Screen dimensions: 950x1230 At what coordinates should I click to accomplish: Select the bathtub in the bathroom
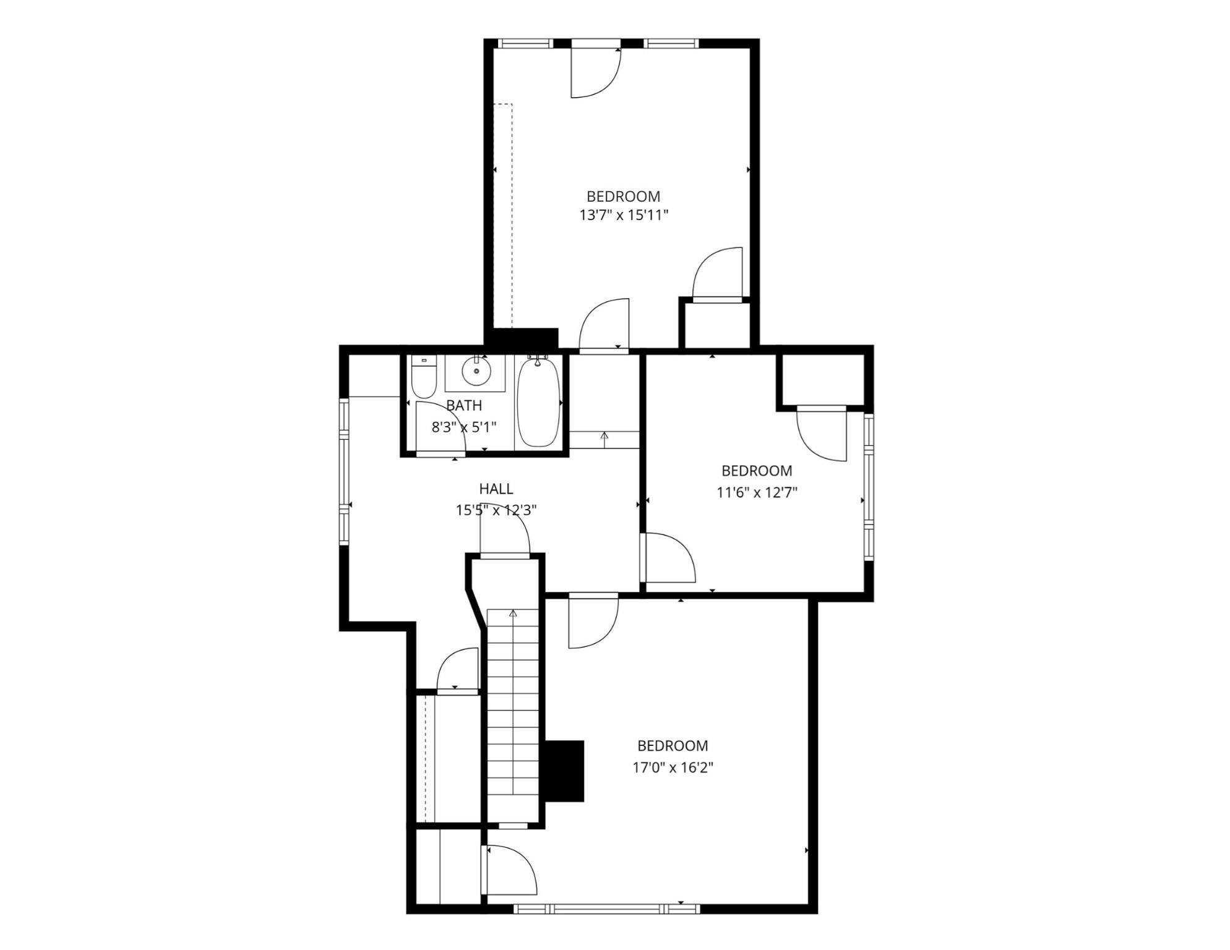click(538, 402)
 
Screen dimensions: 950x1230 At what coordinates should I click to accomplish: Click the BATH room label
click(464, 406)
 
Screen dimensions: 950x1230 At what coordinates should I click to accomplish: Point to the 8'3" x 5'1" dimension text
click(463, 427)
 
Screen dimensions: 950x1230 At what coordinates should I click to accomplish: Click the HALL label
click(496, 489)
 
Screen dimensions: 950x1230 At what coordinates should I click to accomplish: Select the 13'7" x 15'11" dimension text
click(624, 215)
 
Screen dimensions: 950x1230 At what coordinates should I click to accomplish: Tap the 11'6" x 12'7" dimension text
click(757, 493)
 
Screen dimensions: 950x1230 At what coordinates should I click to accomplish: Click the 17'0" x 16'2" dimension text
click(673, 768)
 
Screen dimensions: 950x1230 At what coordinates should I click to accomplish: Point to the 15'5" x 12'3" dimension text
click(496, 510)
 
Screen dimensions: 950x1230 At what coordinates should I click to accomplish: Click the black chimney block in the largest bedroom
click(564, 771)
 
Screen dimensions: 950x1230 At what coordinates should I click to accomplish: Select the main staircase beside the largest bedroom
click(512, 717)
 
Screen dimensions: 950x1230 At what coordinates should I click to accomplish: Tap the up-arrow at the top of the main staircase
click(513, 614)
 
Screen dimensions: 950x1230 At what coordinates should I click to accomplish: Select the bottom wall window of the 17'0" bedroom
click(606, 909)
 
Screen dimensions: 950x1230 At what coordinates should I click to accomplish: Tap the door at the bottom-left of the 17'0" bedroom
click(510, 871)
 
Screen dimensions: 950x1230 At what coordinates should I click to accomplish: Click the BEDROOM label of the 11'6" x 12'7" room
click(757, 471)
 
